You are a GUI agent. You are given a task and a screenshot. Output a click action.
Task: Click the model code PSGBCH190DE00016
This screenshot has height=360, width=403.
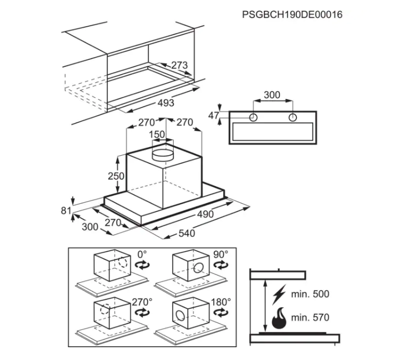pyautogui.click(x=292, y=14)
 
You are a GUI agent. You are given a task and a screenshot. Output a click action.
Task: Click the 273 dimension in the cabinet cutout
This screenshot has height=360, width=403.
pyautogui.click(x=179, y=65)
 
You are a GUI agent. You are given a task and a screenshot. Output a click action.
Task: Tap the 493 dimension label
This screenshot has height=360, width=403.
pyautogui.click(x=166, y=103)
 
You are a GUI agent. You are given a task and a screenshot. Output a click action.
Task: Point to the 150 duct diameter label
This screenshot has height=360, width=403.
pyautogui.click(x=157, y=134)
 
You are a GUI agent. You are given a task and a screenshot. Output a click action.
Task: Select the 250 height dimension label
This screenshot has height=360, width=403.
pyautogui.click(x=116, y=176)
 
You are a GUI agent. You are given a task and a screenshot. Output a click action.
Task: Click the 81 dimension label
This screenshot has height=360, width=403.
pyautogui.click(x=66, y=210)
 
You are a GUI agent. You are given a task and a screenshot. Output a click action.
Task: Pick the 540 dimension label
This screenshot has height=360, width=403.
pyautogui.click(x=187, y=233)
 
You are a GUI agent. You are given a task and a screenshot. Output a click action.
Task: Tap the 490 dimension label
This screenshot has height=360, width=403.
pyautogui.click(x=206, y=214)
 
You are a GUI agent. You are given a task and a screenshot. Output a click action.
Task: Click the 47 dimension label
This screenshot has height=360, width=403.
pyautogui.click(x=214, y=116)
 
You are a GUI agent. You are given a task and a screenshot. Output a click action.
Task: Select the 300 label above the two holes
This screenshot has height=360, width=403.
pyautogui.click(x=272, y=95)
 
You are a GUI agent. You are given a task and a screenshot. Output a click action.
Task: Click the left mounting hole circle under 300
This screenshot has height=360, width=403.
pyautogui.click(x=253, y=118)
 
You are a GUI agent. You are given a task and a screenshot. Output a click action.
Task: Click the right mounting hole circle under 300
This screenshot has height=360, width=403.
pyautogui.click(x=293, y=118)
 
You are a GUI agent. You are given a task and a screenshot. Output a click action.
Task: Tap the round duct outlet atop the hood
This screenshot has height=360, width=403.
pyautogui.click(x=163, y=155)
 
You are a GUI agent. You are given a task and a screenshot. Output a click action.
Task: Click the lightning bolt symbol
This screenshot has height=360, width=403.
pyautogui.click(x=279, y=294)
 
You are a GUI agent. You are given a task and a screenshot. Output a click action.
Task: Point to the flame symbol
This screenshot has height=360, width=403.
pyautogui.click(x=279, y=319)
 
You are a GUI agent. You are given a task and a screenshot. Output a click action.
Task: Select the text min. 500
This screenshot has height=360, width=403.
pyautogui.click(x=310, y=294)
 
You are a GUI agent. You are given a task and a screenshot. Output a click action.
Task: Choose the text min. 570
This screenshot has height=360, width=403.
pyautogui.click(x=310, y=317)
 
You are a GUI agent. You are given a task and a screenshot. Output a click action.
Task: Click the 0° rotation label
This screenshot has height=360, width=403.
pyautogui.click(x=142, y=254)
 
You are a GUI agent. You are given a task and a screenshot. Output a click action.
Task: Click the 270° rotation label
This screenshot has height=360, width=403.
pyautogui.click(x=142, y=302)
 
